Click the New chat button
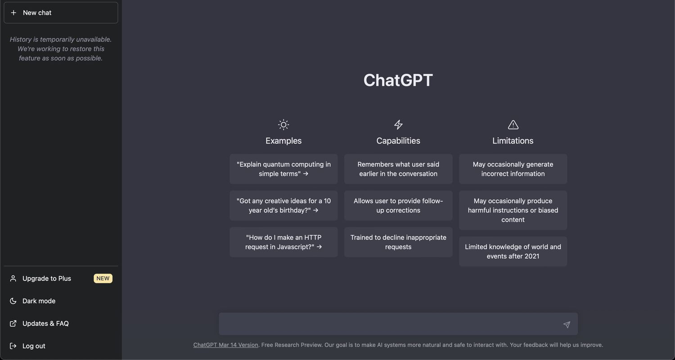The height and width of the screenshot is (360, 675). pos(61,13)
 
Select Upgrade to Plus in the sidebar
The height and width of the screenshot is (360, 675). pos(47,279)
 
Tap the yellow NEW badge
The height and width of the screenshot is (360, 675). pos(103,279)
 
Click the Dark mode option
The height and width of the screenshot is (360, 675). pos(39,301)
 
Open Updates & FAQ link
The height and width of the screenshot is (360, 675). pos(45,324)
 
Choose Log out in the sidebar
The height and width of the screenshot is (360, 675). pos(34,346)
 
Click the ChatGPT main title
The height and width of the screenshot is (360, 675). pos(398,81)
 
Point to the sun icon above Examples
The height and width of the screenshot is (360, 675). pos(283,125)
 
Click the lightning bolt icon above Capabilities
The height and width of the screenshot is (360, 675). pos(398,125)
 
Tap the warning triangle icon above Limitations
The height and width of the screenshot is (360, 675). pos(513,125)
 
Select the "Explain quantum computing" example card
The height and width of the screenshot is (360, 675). pos(283,169)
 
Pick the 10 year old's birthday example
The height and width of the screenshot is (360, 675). pos(283,206)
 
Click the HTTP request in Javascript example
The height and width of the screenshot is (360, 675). pos(283,242)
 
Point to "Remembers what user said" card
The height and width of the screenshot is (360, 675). pos(398,169)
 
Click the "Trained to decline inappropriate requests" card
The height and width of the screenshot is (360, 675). pos(398,242)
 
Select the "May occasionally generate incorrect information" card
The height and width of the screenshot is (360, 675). pos(513,169)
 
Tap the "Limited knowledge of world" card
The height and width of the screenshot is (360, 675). pos(513,252)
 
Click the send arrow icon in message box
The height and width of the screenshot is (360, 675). pos(567,324)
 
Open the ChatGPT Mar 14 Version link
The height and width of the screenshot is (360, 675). pos(225,345)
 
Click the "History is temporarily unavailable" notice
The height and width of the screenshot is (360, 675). pos(61,49)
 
